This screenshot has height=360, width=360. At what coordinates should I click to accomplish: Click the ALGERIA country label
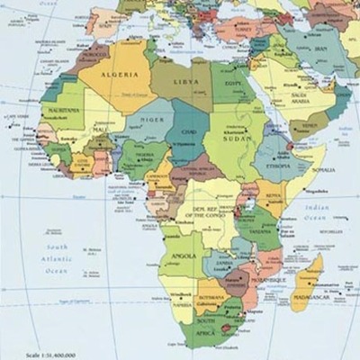121,76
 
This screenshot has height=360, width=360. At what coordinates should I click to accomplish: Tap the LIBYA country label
186,82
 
